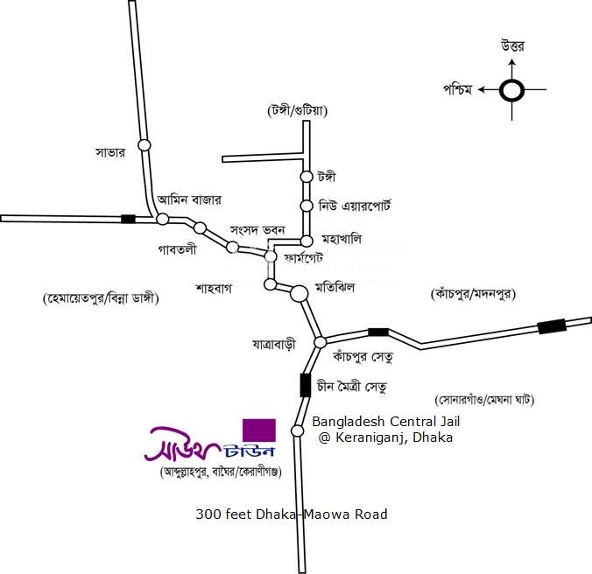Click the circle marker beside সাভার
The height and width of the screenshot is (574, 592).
pyautogui.click(x=144, y=145)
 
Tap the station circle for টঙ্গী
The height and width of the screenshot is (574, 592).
pyautogui.click(x=307, y=177)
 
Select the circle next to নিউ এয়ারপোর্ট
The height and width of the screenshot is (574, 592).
pyautogui.click(x=307, y=206)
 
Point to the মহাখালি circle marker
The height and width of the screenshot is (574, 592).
pyautogui.click(x=307, y=241)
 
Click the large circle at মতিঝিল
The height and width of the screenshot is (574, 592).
pyautogui.click(x=299, y=293)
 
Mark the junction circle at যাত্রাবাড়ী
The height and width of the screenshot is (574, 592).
pyautogui.click(x=321, y=342)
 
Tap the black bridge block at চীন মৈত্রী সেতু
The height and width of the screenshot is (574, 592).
pyautogui.click(x=305, y=385)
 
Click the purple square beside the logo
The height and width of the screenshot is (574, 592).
pyautogui.click(x=259, y=430)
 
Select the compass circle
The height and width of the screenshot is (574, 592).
pyautogui.click(x=512, y=90)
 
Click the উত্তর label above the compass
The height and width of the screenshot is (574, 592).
pyautogui.click(x=512, y=46)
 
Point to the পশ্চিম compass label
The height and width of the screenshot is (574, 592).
pyautogui.click(x=458, y=90)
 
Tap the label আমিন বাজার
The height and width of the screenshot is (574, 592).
pyautogui.click(x=189, y=199)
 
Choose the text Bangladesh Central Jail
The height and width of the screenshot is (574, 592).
pyautogui.click(x=386, y=421)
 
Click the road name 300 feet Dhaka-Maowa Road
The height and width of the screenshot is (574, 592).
pyautogui.click(x=292, y=514)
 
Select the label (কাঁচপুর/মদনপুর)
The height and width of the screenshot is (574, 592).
pyautogui.click(x=473, y=293)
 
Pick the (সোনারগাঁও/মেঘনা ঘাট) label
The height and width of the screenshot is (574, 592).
pyautogui.click(x=484, y=399)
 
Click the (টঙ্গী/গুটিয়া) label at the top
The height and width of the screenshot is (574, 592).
pyautogui.click(x=297, y=110)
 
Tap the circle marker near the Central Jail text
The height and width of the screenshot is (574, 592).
pyautogui.click(x=297, y=430)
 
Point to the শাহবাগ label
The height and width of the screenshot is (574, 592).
pyautogui.click(x=214, y=289)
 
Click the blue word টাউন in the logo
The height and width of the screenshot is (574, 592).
pyautogui.click(x=249, y=451)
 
